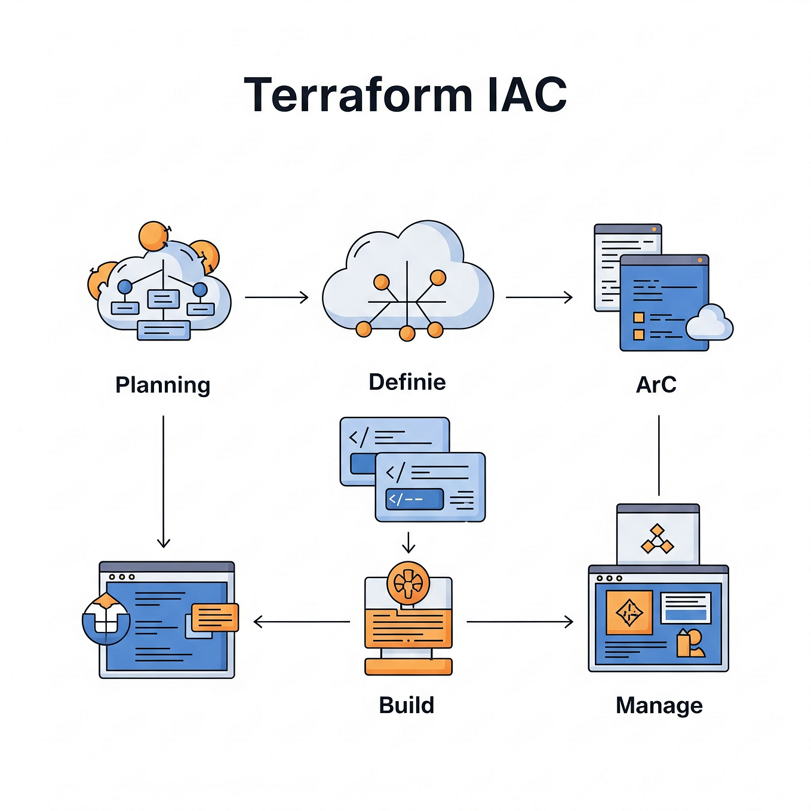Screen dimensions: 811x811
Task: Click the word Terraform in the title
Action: [x=358, y=95]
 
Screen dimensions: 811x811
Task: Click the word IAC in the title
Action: [x=526, y=95]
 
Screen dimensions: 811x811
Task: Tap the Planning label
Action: [x=162, y=385]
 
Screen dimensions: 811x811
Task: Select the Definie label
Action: [x=407, y=382]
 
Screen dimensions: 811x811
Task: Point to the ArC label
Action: [x=656, y=385]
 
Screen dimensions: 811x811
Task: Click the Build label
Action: [x=406, y=705]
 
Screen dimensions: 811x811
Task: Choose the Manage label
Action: [x=659, y=705]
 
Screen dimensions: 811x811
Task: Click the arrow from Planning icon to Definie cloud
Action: [x=277, y=297]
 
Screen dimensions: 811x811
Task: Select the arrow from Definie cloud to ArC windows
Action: [x=539, y=297]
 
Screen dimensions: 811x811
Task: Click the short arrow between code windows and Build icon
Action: [x=408, y=542]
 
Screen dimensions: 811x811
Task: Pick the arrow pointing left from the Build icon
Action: [x=302, y=622]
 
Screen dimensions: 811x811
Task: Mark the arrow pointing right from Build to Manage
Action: [x=520, y=622]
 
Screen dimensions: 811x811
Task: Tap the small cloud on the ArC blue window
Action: [x=709, y=324]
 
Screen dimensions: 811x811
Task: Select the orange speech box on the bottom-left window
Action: [x=215, y=618]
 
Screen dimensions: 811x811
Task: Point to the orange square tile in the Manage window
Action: [x=629, y=612]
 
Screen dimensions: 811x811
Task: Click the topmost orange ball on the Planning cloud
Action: [x=153, y=236]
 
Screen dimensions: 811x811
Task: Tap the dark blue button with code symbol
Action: [x=414, y=499]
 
